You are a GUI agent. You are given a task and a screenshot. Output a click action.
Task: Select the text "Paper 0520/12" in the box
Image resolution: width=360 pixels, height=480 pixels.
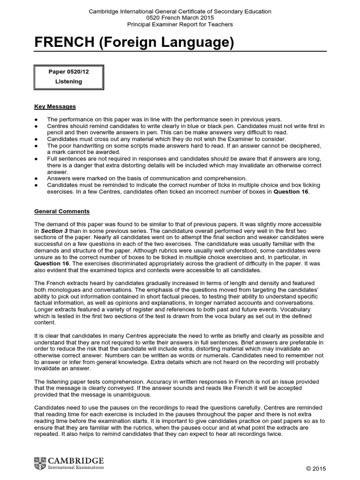click(68, 72)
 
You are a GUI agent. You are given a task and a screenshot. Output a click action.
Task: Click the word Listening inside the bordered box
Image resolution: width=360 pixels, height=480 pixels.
click(68, 82)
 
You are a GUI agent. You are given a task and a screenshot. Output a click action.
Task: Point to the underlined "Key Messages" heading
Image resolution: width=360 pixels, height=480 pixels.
click(55, 107)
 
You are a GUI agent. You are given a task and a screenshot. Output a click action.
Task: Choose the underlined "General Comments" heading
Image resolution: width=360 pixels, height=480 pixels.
click(62, 211)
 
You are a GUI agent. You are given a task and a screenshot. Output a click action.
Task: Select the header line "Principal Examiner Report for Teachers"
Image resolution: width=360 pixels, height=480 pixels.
click(180, 24)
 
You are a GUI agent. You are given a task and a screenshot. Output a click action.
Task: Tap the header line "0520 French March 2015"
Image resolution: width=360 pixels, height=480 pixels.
click(180, 18)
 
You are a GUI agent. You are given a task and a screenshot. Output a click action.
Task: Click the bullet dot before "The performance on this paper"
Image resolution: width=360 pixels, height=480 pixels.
click(37, 120)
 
